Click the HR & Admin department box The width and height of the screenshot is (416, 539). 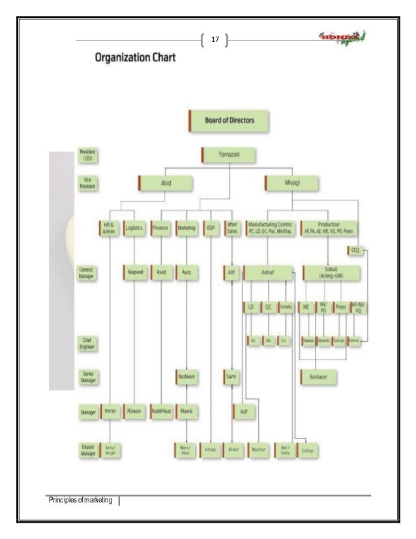pyautogui.click(x=109, y=228)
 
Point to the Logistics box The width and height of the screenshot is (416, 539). pyautogui.click(x=134, y=228)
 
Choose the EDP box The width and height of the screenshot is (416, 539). pyautogui.click(x=211, y=228)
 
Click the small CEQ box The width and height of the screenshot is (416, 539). pyautogui.click(x=355, y=251)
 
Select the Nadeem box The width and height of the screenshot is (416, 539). pyautogui.click(x=187, y=377)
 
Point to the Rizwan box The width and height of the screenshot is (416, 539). pyautogui.click(x=134, y=412)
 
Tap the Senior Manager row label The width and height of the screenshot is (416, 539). pyautogui.click(x=87, y=377)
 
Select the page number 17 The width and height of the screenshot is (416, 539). pyautogui.click(x=214, y=41)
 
